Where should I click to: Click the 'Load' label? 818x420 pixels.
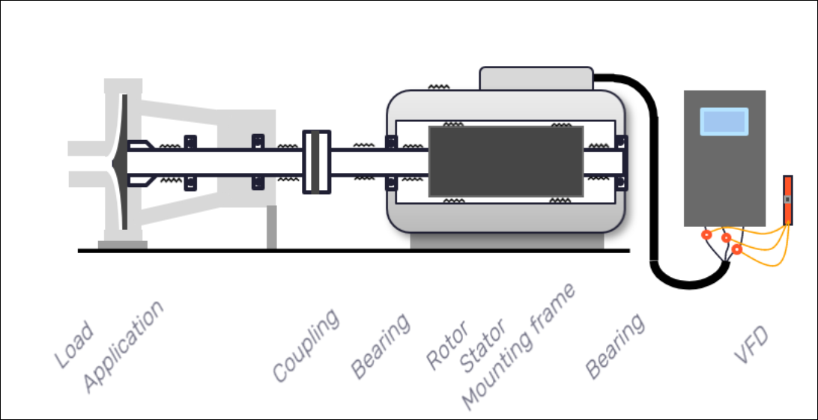[x=74, y=346]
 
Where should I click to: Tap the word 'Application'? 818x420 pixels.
[x=123, y=346]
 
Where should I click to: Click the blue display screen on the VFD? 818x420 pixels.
[x=724, y=121]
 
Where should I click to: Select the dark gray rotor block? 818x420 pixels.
[x=506, y=162]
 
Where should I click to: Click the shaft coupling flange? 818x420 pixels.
[x=316, y=162]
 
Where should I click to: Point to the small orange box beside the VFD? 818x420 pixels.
[x=787, y=200]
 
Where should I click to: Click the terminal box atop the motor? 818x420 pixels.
[x=536, y=78]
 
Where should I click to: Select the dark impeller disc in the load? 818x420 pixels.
[x=121, y=162]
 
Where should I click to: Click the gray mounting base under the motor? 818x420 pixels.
[x=506, y=241]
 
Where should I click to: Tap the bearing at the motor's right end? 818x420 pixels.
[x=620, y=162]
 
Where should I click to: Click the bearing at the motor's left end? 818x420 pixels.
[x=390, y=162]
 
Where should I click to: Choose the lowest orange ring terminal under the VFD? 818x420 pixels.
[x=737, y=249]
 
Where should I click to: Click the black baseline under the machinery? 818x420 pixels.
[x=352, y=251]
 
